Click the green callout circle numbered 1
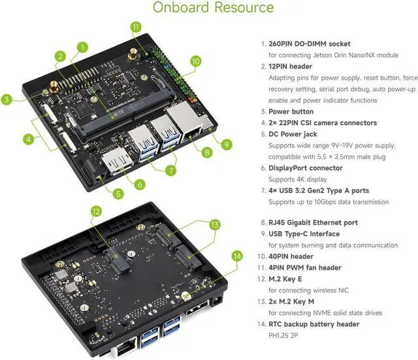click(x=82, y=47)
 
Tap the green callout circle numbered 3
click(x=7, y=100)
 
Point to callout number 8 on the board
click(x=206, y=153)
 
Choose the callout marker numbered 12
click(x=95, y=211)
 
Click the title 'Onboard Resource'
click(x=213, y=8)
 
